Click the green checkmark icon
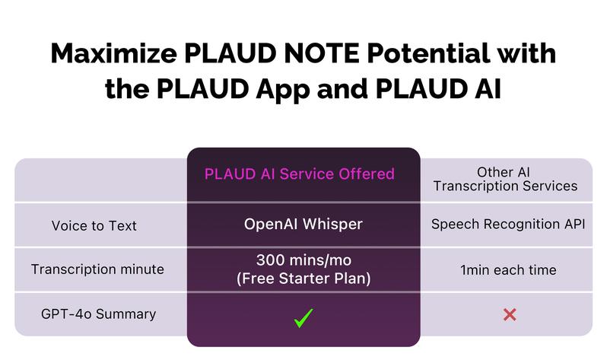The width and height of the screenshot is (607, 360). pos(303,318)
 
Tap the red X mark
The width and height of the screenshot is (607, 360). pos(510,314)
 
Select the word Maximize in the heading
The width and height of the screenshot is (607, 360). pos(114,53)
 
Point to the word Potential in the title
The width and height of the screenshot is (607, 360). pos(428,53)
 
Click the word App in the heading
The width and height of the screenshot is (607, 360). pos(283,90)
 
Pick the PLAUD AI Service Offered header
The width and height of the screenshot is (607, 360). pos(299,174)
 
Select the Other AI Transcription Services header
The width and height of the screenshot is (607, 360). pos(505,179)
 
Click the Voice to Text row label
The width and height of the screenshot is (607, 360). pos(94,225)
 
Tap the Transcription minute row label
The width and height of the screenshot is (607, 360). pos(97,269)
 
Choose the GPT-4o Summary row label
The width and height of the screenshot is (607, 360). pos(98,314)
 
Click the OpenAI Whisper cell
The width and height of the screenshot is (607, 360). pos(303,224)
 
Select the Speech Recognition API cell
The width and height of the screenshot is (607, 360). pos(508,224)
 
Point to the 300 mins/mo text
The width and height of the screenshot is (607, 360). pos(303,260)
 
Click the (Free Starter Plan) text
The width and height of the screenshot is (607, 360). pos(303,279)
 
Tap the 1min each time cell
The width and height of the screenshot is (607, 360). pos(508,269)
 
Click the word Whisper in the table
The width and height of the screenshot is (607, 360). pos(332,224)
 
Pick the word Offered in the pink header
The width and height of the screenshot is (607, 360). pos(367,174)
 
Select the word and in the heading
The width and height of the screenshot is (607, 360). pos(342,89)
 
